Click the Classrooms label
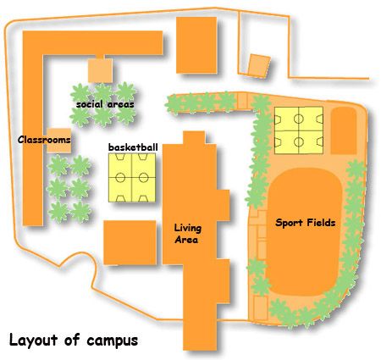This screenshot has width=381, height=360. [x=44, y=140]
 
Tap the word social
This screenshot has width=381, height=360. [x=90, y=104]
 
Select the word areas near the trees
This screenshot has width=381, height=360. [x=120, y=104]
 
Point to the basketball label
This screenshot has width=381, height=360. [x=133, y=147]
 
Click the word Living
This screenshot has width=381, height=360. [x=188, y=229]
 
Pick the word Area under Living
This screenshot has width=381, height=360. [x=186, y=240]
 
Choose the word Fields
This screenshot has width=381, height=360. [x=321, y=223]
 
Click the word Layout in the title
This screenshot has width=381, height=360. [x=33, y=340]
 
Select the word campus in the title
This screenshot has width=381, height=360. [x=113, y=341]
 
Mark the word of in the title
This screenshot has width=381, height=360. [x=72, y=339]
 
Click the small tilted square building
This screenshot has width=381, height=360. [x=259, y=66]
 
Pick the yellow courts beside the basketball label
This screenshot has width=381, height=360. [x=132, y=178]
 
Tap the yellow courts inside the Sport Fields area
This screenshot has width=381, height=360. [x=299, y=130]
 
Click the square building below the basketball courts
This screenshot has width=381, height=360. [x=130, y=242]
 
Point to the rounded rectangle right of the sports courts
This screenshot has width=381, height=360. [x=344, y=130]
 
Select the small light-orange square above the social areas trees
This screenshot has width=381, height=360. [x=100, y=70]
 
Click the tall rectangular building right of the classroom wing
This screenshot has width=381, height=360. [x=196, y=45]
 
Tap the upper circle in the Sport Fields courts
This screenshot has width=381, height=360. [x=298, y=119]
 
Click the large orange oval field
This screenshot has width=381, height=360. [x=304, y=231]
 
